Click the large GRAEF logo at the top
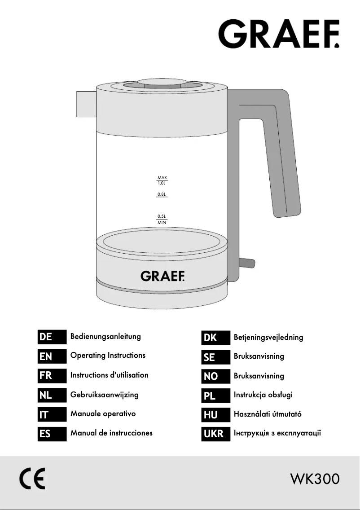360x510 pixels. click(x=279, y=33)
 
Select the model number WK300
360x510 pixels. click(x=315, y=479)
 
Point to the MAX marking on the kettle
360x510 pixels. click(x=162, y=178)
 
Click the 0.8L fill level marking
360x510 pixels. click(x=162, y=195)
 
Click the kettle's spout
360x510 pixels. click(x=86, y=102)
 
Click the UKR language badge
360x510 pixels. click(x=213, y=434)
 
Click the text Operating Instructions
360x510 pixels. click(x=108, y=356)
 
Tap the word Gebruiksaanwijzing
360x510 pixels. click(x=104, y=395)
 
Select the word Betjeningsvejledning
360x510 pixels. click(x=268, y=337)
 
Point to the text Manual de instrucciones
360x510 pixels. click(x=111, y=433)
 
